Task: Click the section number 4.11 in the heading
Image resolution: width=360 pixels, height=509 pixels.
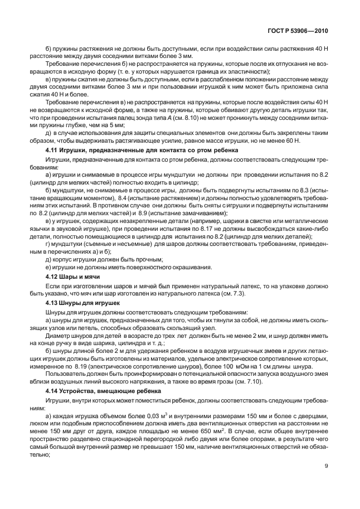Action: pos(52,151)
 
